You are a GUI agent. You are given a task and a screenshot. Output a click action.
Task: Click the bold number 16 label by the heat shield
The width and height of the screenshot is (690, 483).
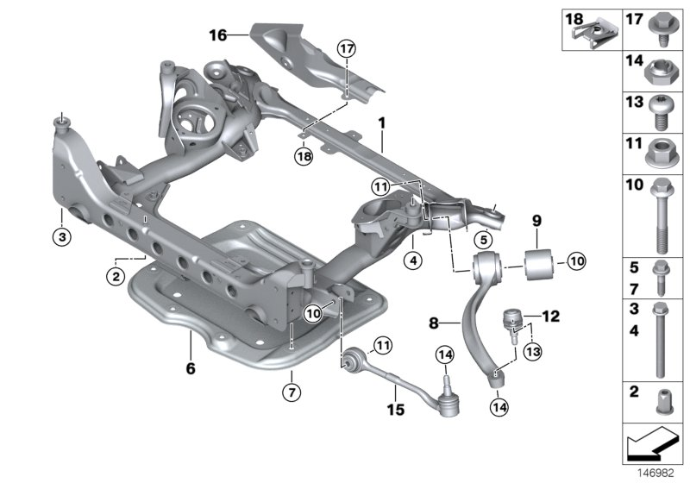tap(216, 34)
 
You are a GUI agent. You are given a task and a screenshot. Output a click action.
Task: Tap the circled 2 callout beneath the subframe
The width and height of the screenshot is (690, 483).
tap(114, 276)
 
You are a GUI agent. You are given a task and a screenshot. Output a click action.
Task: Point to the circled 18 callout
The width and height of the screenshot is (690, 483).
tap(302, 156)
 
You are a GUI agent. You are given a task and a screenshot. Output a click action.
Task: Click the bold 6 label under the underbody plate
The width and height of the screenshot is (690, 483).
tap(191, 368)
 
